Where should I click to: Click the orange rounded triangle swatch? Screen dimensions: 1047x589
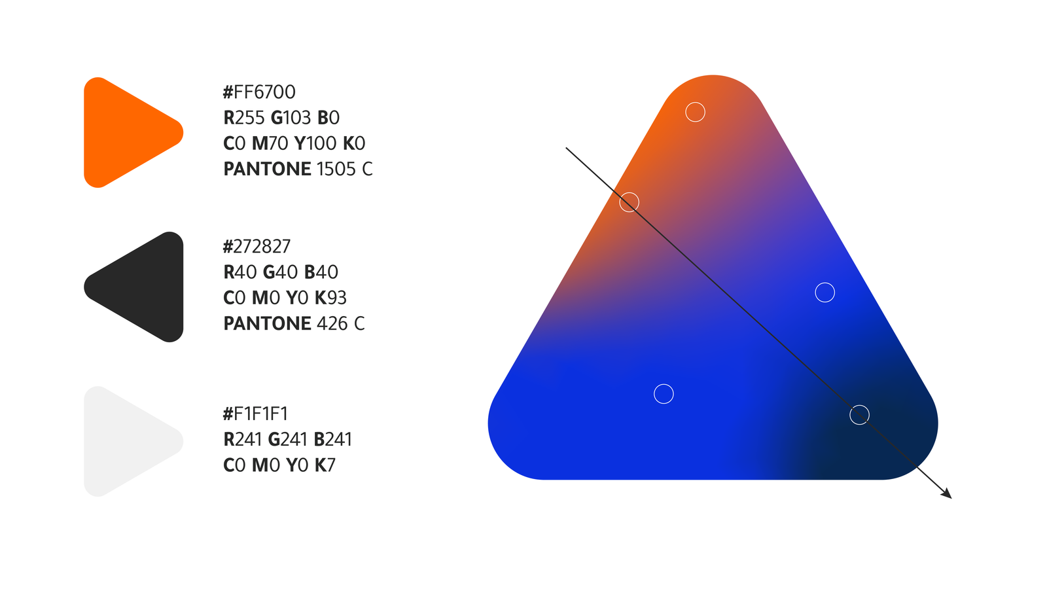[x=128, y=133]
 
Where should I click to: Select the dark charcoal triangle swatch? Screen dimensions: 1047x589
[x=138, y=287]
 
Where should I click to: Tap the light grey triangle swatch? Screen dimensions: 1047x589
[x=128, y=441]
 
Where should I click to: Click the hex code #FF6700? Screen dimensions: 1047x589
[x=259, y=92]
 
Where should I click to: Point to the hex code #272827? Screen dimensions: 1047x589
[x=257, y=246]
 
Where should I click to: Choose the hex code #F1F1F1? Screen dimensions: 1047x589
[x=255, y=414]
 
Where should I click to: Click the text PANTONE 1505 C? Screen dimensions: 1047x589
[x=298, y=170]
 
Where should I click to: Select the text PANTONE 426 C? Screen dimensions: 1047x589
[x=294, y=323]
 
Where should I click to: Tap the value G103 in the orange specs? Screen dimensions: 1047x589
[x=291, y=118]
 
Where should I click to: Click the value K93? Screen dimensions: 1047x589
[x=330, y=298]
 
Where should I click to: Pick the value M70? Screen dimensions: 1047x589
[x=270, y=143]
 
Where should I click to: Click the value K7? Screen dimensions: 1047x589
[x=325, y=465]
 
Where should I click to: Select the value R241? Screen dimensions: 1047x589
[x=242, y=439]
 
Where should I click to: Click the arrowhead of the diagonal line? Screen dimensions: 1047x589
[x=947, y=493]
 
